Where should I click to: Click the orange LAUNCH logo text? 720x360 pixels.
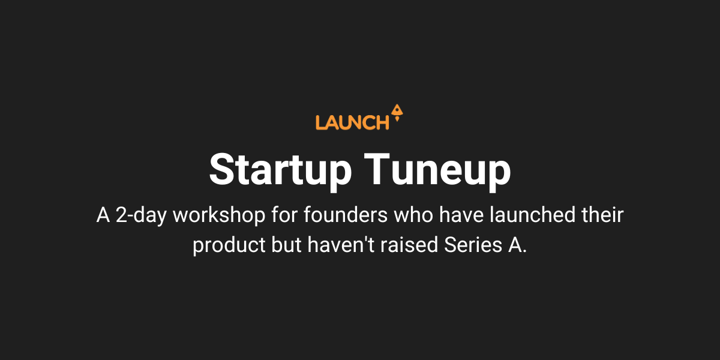(352, 122)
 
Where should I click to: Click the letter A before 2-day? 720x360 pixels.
(103, 216)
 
